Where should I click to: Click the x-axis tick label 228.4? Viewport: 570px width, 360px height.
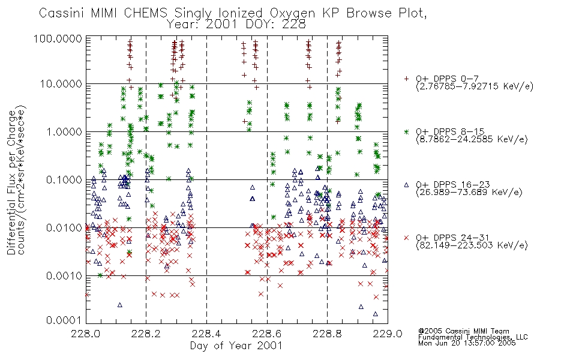pyautogui.click(x=206, y=334)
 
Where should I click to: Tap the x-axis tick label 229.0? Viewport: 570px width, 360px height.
pyautogui.click(x=388, y=334)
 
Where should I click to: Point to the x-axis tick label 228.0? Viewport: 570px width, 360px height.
pyautogui.click(x=86, y=334)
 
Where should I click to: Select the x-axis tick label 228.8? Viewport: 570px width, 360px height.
pyautogui.click(x=327, y=334)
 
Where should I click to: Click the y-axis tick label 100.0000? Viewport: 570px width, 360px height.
pyautogui.click(x=58, y=38)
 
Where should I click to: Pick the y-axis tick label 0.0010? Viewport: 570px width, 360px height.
pyautogui.click(x=64, y=276)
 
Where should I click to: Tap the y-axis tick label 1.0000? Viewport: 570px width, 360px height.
pyautogui.click(x=64, y=131)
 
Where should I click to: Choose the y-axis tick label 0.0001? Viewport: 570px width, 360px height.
pyautogui.click(x=64, y=320)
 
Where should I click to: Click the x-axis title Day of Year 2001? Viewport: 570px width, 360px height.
pyautogui.click(x=236, y=346)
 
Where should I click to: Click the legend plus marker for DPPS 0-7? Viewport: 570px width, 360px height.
pyautogui.click(x=407, y=78)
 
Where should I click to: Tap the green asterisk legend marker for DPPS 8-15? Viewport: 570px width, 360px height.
pyautogui.click(x=407, y=131)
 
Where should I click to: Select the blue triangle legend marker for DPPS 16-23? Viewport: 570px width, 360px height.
pyautogui.click(x=407, y=185)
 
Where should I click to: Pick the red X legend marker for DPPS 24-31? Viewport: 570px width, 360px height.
pyautogui.click(x=407, y=238)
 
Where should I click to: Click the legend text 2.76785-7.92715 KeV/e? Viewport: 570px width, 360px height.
pyautogui.click(x=475, y=86)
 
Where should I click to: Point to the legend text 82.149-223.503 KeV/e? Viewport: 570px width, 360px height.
pyautogui.click(x=472, y=245)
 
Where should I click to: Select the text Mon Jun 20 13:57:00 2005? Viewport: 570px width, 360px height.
pyautogui.click(x=467, y=343)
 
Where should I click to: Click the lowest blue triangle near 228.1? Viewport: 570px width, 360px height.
pyautogui.click(x=120, y=305)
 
